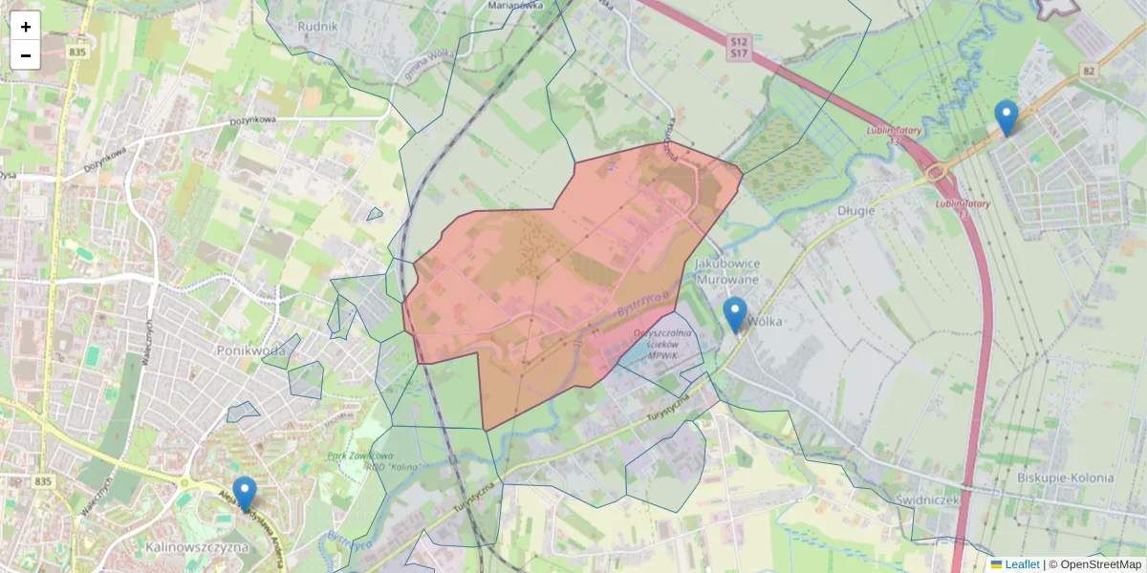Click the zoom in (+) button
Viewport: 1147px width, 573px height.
tap(26, 27)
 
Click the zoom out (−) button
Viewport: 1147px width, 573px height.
tap(26, 55)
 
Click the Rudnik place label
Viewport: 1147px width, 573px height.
tap(318, 27)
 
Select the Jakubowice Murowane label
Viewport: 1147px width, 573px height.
tap(727, 271)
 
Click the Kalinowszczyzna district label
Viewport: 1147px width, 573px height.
tap(198, 548)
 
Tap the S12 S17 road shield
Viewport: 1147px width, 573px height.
tap(738, 49)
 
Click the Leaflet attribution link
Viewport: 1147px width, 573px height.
tap(1021, 564)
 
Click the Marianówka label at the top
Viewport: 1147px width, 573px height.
tap(515, 5)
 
